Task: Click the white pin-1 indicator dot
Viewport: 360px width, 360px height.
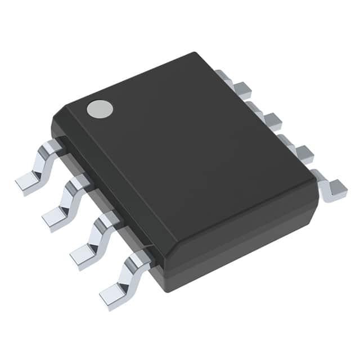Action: tap(100, 108)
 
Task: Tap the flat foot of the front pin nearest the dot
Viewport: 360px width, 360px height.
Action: tap(27, 182)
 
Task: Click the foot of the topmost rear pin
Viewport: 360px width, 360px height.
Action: tap(242, 89)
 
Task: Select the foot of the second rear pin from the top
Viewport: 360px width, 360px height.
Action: tap(272, 120)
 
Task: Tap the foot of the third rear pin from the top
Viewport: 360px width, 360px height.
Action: tap(304, 153)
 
